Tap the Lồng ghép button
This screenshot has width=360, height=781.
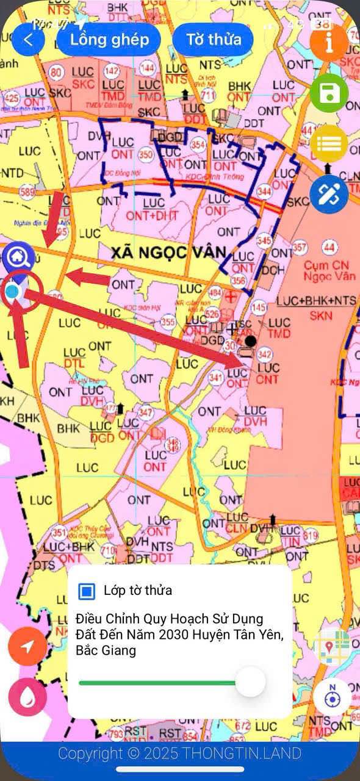click(109, 40)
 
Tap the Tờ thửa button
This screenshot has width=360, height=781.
click(213, 40)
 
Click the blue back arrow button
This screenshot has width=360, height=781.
click(28, 40)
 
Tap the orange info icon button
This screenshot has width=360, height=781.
click(329, 43)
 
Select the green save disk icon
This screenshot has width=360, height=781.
click(329, 93)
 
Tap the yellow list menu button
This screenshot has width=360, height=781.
click(329, 144)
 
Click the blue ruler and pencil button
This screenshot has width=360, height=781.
click(329, 194)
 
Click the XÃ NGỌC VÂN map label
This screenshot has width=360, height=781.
click(168, 251)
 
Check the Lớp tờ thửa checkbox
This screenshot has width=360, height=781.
click(87, 591)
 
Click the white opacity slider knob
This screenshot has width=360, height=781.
click(250, 682)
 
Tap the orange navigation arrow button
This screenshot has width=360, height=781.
click(28, 646)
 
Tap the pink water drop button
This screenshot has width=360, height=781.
click(28, 696)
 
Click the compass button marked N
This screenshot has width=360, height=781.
click(333, 696)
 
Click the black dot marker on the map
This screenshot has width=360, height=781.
click(250, 340)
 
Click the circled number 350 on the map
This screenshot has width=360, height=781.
click(146, 155)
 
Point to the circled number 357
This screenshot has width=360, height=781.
click(300, 248)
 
